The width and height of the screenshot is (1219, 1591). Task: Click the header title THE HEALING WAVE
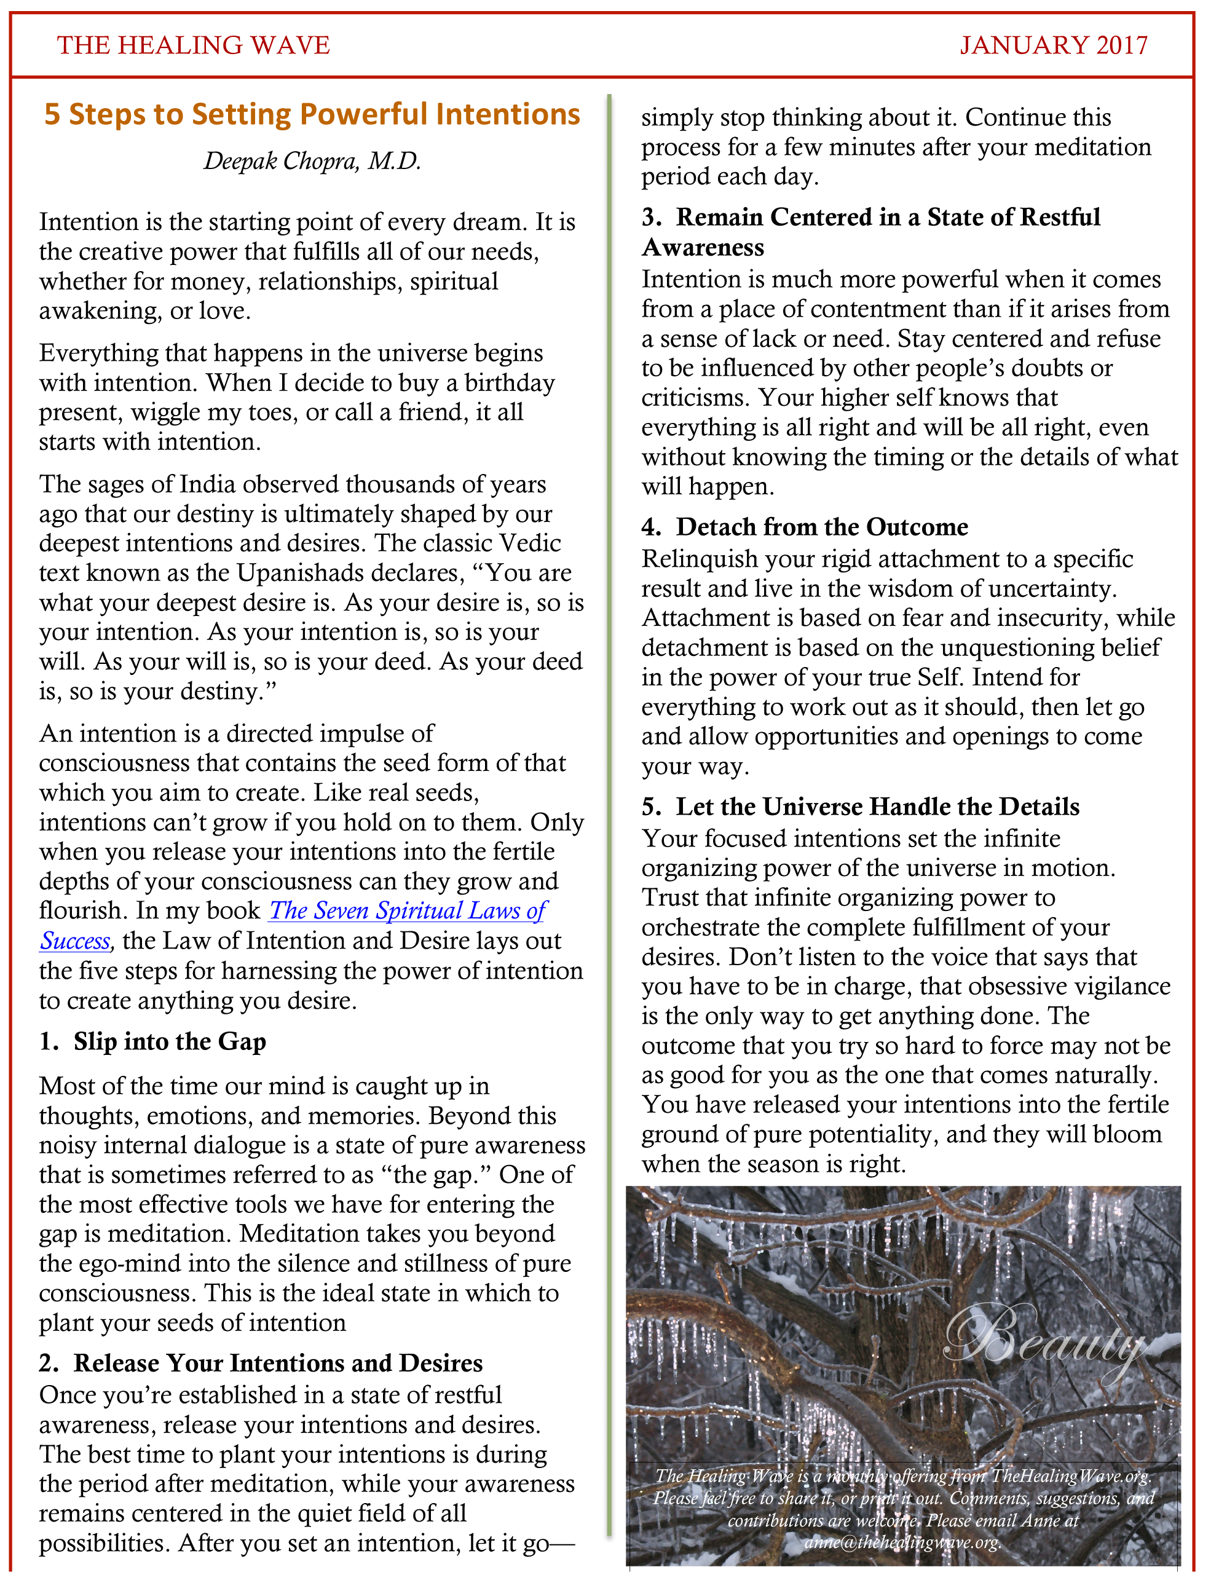click(x=193, y=45)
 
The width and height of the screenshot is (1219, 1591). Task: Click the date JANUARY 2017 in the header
click(x=1053, y=45)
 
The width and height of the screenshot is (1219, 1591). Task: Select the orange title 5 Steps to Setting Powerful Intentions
click(x=312, y=114)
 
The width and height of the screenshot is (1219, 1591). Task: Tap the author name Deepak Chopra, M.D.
click(x=312, y=160)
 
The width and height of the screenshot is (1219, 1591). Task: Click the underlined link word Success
click(x=75, y=941)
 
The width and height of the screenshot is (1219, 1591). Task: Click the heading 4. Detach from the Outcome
click(x=805, y=527)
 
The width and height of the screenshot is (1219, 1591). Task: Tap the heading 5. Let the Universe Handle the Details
click(x=861, y=807)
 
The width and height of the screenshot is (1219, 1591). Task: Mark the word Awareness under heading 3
click(x=703, y=248)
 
